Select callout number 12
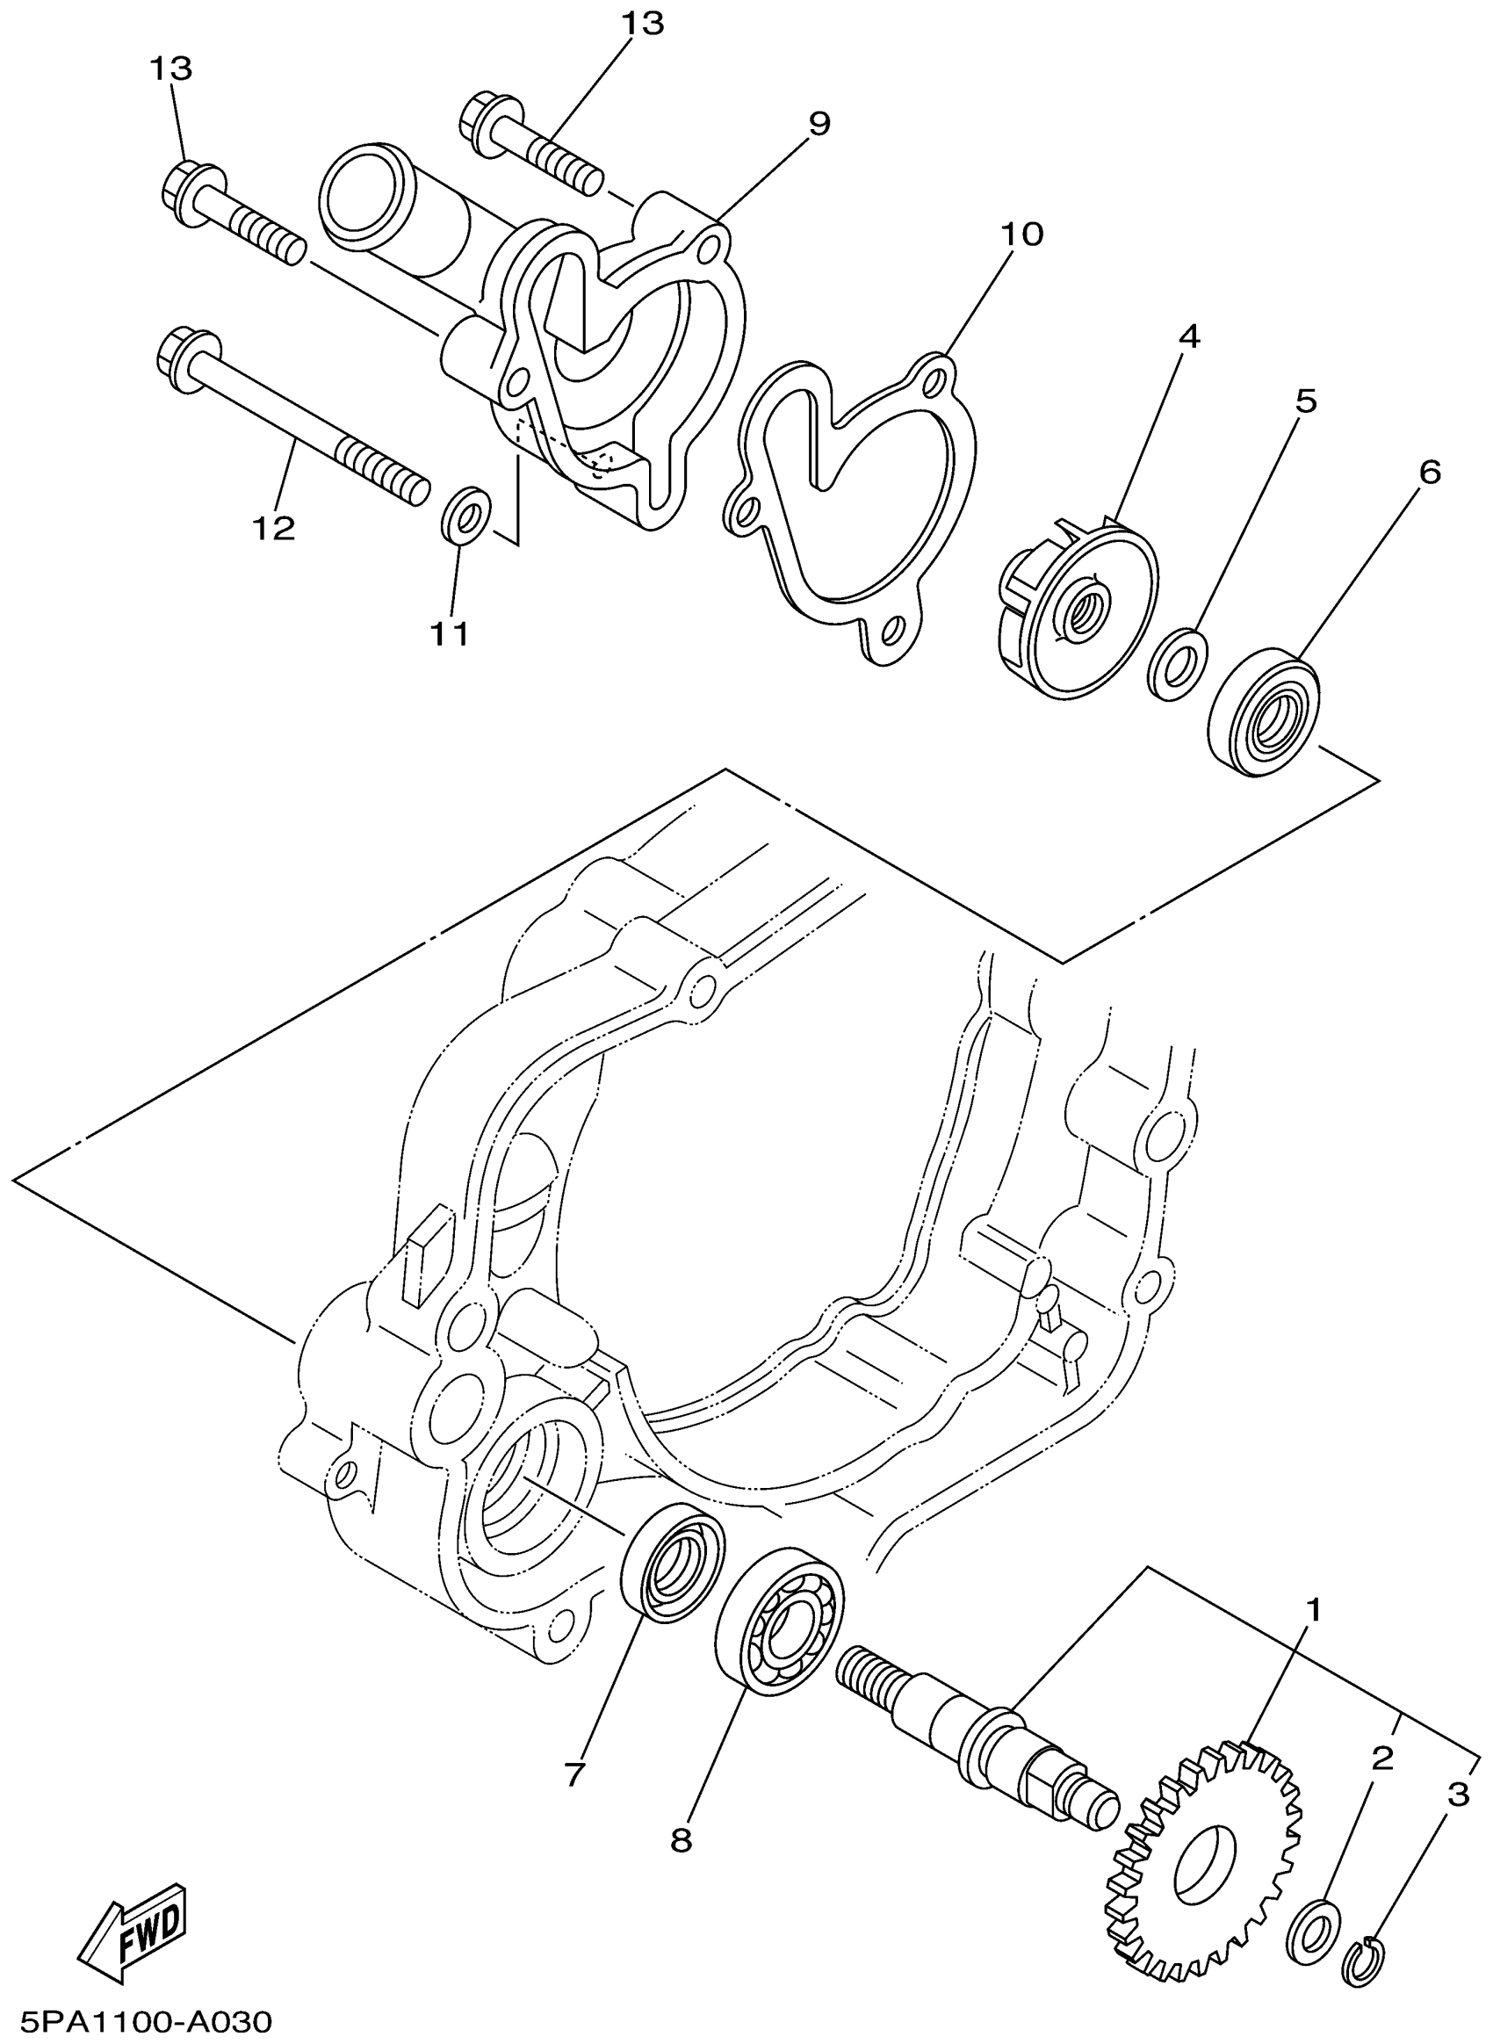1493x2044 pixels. [x=274, y=528]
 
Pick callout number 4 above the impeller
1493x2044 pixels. [x=1188, y=337]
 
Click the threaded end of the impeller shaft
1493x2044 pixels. [x=867, y=1673]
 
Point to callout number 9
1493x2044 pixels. [x=819, y=123]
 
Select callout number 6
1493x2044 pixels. [x=1429, y=472]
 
